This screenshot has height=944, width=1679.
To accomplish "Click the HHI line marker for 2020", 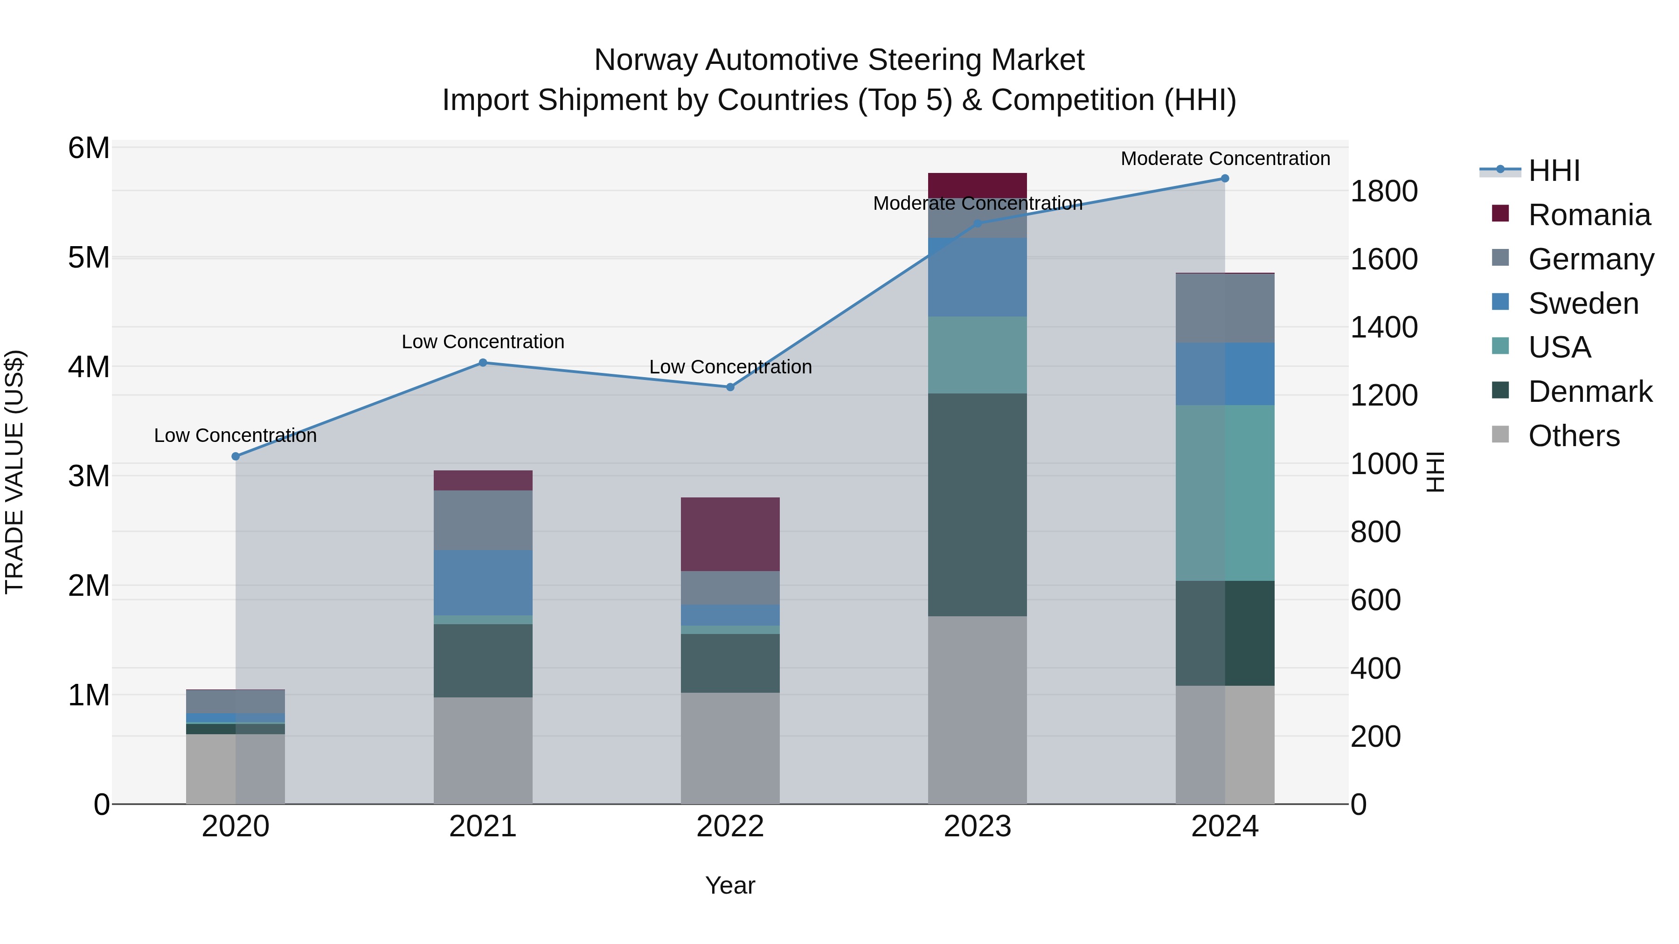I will click(x=236, y=457).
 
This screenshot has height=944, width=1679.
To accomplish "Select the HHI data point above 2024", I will click(x=1225, y=179).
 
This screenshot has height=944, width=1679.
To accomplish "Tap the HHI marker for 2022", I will click(x=730, y=387).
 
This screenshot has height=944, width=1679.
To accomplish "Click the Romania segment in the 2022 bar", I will click(x=730, y=534).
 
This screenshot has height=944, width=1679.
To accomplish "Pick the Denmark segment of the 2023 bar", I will click(x=977, y=505).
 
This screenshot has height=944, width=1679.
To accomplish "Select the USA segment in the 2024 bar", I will click(x=1225, y=493).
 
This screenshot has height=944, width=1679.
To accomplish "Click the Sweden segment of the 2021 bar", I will click(x=483, y=582).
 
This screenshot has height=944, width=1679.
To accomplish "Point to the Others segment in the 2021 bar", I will click(x=483, y=751).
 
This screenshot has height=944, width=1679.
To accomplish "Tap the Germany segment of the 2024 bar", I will click(x=1225, y=308).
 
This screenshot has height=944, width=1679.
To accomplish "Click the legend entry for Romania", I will click(x=1589, y=215).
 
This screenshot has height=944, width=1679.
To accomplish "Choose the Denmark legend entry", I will click(x=1590, y=392).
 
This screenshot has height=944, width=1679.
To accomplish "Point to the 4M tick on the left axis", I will click(x=89, y=367).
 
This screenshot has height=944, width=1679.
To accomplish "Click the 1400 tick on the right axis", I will click(x=1384, y=327).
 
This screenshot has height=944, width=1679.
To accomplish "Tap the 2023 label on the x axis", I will click(x=977, y=827).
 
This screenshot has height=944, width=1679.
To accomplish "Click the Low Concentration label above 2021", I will click(x=483, y=342).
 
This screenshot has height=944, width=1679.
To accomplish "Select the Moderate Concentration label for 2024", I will click(x=1225, y=158).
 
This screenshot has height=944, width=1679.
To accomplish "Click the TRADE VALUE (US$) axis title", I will click(x=14, y=472).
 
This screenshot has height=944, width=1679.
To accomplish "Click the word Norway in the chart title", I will click(x=645, y=60).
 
